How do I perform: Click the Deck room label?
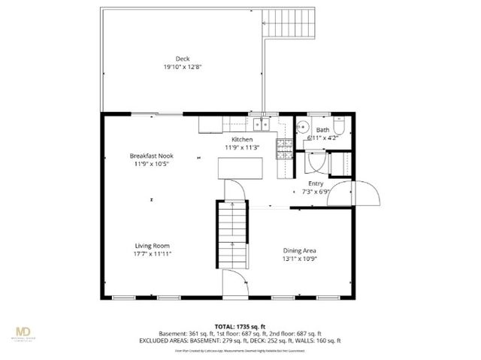pos(183,59)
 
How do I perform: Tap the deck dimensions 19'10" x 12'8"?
pos(183,67)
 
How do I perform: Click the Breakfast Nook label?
pos(153,156)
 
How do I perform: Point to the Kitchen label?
pos(241,141)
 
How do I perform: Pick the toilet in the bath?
pos(339,125)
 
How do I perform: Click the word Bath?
pos(322,130)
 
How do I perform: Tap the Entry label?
pos(316,183)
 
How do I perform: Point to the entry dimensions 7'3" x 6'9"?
pos(316,191)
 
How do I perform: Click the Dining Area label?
pos(299,250)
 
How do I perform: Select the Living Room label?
pos(153,246)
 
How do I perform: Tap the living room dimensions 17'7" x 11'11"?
pos(153,254)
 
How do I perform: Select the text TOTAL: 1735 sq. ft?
pos(240,325)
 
